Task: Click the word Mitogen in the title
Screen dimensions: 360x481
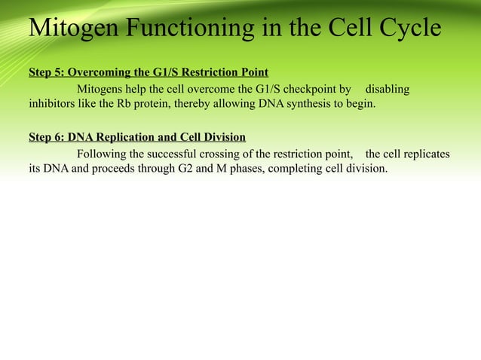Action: tap(75, 28)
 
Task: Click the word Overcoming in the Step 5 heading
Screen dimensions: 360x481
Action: tap(97, 73)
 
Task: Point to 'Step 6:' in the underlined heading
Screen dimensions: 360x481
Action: tap(46, 137)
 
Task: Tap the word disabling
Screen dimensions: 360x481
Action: tap(388, 90)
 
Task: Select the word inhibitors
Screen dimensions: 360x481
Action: tap(52, 103)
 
